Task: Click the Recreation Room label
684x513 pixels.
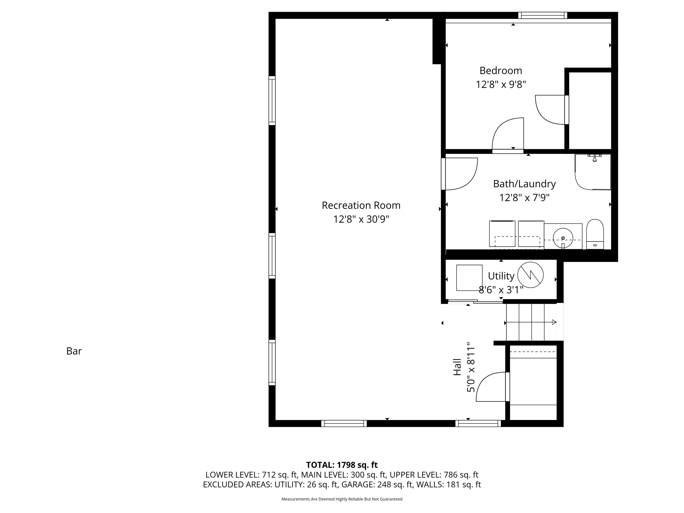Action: click(361, 205)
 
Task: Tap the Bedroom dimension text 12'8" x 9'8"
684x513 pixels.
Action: click(501, 84)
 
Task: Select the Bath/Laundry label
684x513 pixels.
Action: click(524, 184)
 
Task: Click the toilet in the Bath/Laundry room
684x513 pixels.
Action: click(595, 234)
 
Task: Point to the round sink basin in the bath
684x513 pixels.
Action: click(563, 238)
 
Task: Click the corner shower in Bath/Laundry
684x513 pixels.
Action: click(593, 172)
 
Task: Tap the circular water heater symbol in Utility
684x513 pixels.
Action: click(530, 275)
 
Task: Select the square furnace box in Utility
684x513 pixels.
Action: click(469, 278)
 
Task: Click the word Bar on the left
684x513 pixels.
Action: click(74, 351)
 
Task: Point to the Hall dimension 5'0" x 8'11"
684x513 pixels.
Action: click(471, 367)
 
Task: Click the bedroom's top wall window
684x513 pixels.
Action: click(543, 15)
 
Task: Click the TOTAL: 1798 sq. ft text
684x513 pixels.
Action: click(342, 465)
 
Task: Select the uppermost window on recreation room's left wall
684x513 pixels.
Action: click(272, 101)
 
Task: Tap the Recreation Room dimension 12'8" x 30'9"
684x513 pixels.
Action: click(361, 219)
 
